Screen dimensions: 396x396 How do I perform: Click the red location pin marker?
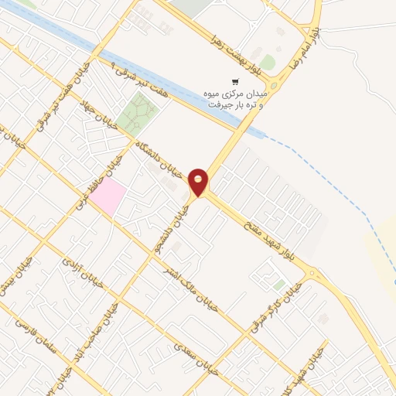[199, 181]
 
